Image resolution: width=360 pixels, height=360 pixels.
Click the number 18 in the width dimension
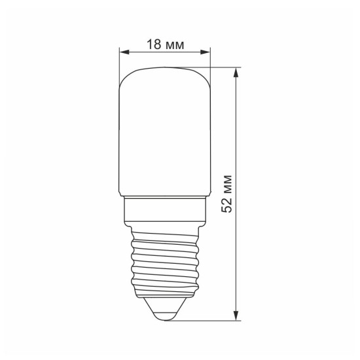pos(154,44)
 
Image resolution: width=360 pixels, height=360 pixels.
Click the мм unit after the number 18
pos(175,45)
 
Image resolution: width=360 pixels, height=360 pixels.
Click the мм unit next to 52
pos(228,184)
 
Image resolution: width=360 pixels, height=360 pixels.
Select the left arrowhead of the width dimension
pos(124,52)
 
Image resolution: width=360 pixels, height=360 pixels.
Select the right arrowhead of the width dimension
pos(206,52)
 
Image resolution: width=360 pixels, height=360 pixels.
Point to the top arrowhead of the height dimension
pos(236,73)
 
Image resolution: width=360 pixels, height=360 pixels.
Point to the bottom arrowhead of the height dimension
pos(236,315)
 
